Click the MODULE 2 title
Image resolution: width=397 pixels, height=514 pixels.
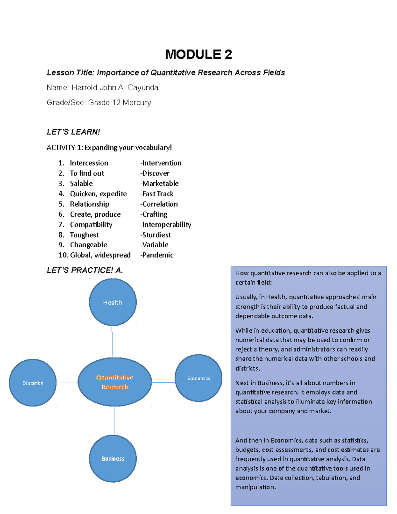click(x=198, y=54)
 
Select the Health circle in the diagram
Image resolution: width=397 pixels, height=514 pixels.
click(x=113, y=302)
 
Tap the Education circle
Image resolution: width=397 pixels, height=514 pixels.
click(x=33, y=383)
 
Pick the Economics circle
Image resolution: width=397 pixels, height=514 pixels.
click(x=198, y=378)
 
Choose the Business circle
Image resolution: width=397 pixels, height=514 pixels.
click(x=113, y=458)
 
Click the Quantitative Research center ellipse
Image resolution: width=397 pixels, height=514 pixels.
click(x=114, y=382)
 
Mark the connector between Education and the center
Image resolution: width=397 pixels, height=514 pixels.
click(x=67, y=383)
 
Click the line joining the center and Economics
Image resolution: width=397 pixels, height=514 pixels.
click(x=163, y=382)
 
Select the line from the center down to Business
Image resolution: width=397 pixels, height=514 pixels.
click(x=114, y=420)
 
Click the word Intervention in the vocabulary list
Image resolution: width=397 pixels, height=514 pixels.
click(x=162, y=163)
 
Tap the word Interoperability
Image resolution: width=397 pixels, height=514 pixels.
click(x=166, y=224)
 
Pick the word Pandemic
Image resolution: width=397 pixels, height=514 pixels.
click(x=157, y=255)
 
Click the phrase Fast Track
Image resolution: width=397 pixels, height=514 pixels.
click(x=157, y=194)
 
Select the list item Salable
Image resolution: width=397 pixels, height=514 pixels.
click(x=81, y=183)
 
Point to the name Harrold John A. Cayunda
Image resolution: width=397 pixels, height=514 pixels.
click(x=115, y=88)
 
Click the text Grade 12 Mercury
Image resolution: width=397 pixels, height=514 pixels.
click(x=119, y=103)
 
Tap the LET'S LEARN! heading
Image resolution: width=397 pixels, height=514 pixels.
click(x=73, y=132)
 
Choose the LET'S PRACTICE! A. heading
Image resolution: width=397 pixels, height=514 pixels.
click(x=85, y=270)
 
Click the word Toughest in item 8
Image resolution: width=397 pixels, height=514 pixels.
click(x=84, y=235)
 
